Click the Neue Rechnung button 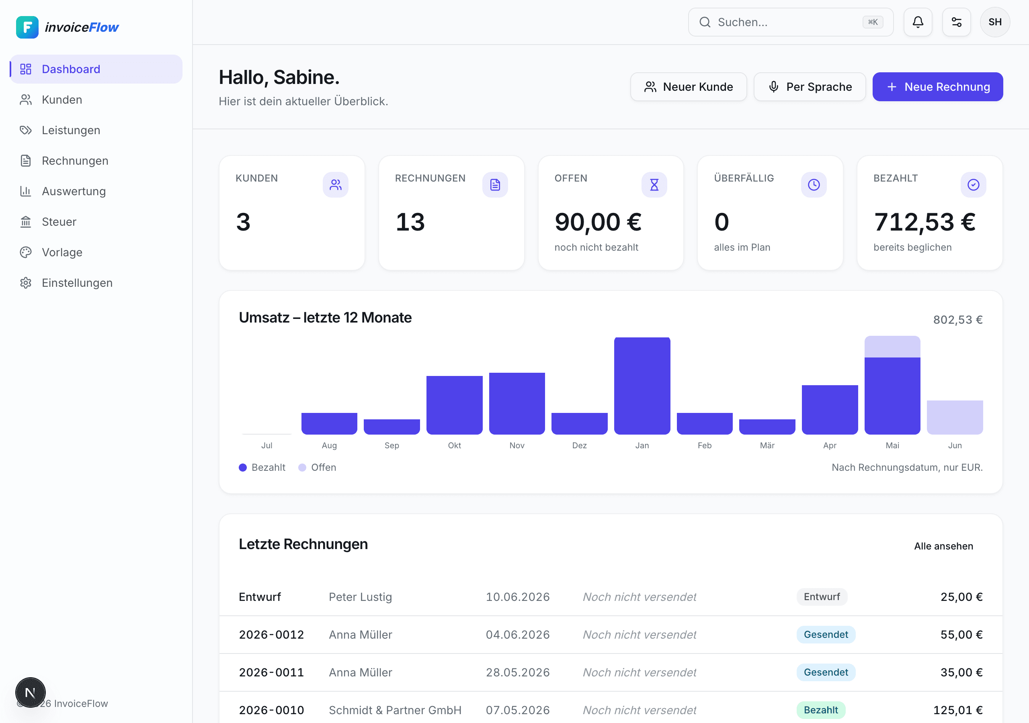[x=938, y=87]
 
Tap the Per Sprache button [x=810, y=87]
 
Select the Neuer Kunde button [x=689, y=87]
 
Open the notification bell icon [x=918, y=22]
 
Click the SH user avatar [x=995, y=22]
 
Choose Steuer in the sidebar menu [x=59, y=222]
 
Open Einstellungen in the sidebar [x=77, y=283]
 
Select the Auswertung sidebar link [x=74, y=191]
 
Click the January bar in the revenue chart [x=642, y=386]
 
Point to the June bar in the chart [x=955, y=417]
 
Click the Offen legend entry [x=317, y=467]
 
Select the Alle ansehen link [x=943, y=546]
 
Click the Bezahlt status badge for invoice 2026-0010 [x=821, y=710]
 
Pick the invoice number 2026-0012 [x=271, y=635]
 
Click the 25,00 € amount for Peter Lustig [x=961, y=597]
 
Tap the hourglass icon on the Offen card [x=654, y=184]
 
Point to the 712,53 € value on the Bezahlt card [x=924, y=222]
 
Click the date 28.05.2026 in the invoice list [x=518, y=672]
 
